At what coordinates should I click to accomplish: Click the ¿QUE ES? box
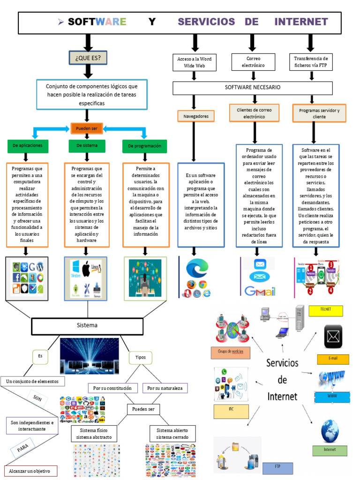88,58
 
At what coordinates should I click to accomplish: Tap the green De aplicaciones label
28,146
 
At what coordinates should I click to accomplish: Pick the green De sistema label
87,146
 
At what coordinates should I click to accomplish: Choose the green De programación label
145,146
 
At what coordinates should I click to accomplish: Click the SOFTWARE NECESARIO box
253,88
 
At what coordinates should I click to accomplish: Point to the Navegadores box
195,115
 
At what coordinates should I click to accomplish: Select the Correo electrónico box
253,62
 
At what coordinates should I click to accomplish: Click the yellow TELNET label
326,310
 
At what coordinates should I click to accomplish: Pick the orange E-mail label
333,360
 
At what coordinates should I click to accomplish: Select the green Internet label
330,450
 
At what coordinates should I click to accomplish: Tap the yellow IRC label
231,411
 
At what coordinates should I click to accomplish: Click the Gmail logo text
259,292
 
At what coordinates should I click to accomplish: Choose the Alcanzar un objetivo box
31,471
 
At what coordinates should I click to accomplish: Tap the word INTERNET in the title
301,22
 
